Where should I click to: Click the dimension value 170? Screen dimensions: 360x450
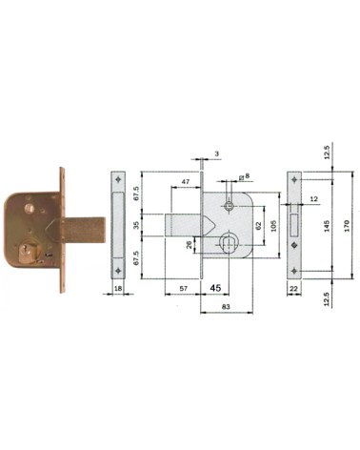click(347, 225)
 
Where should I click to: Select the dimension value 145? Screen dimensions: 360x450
click(328, 225)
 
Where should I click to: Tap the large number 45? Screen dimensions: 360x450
click(215, 288)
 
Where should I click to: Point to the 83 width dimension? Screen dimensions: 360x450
click(226, 307)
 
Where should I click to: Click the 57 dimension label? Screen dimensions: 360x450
click(184, 288)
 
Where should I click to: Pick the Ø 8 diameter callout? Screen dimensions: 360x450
click(244, 175)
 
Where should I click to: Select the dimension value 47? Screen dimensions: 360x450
click(186, 182)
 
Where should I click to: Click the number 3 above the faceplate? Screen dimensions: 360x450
click(217, 154)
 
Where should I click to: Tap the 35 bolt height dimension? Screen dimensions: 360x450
click(137, 225)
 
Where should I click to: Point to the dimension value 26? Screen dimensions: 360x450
click(190, 244)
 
